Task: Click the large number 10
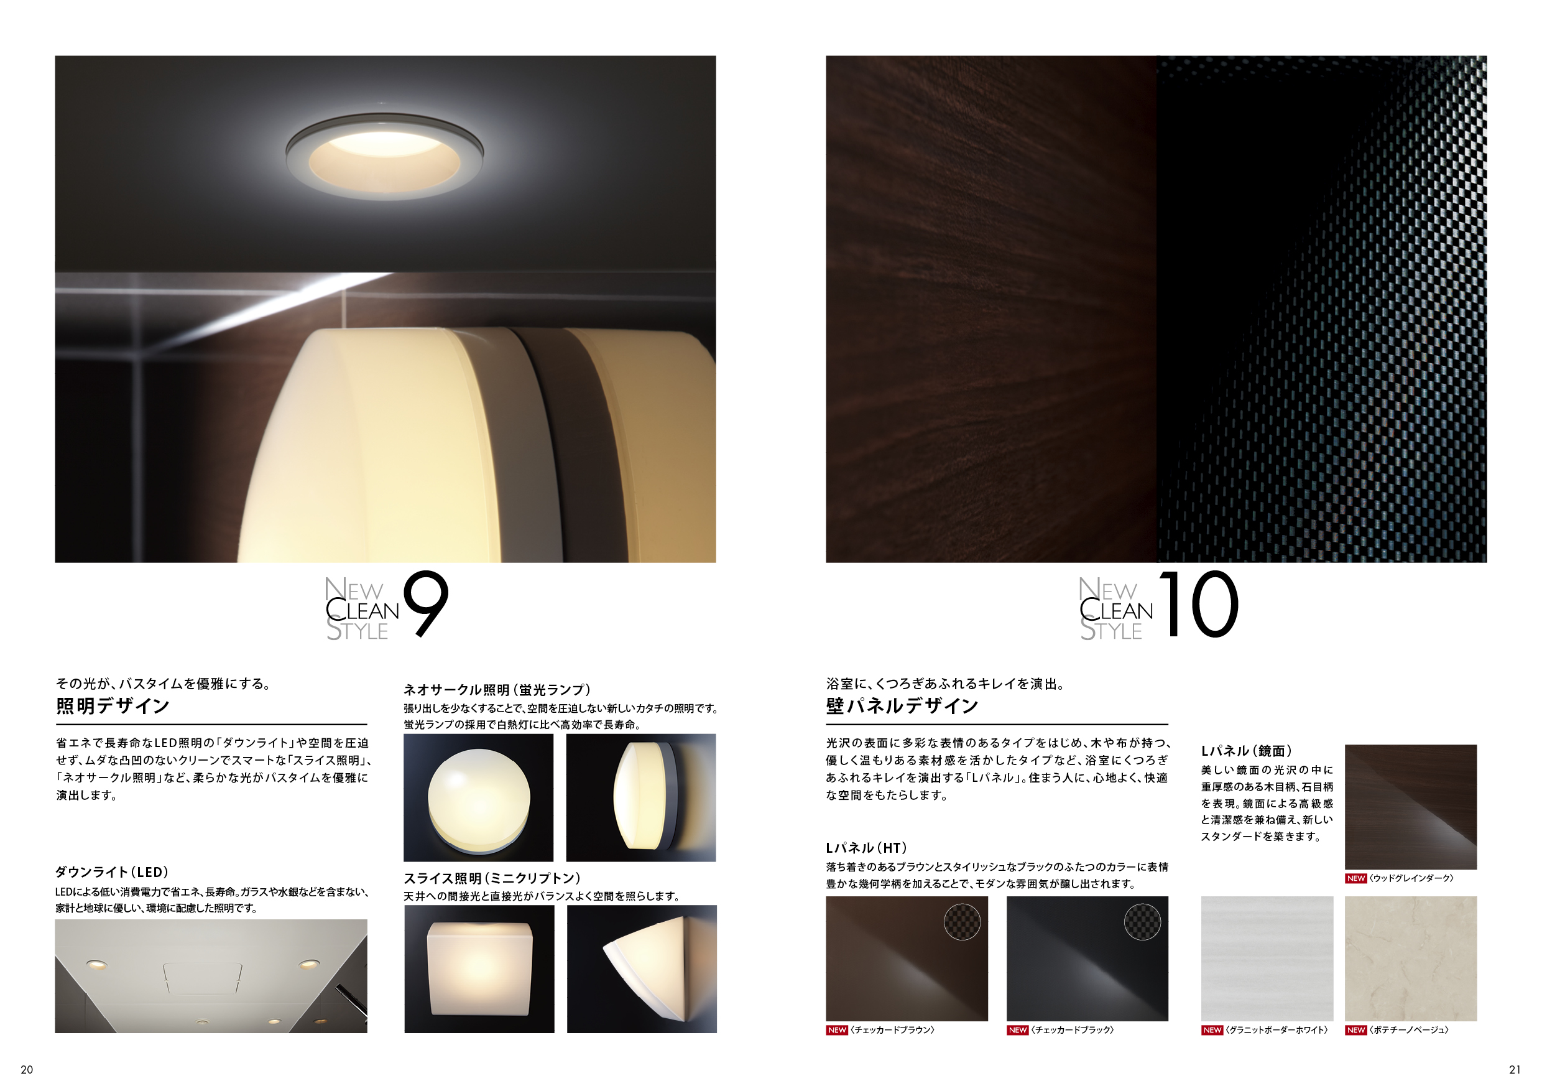(1199, 603)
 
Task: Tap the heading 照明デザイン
(112, 706)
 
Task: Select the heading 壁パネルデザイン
(902, 706)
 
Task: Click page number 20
(27, 1069)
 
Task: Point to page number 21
(1515, 1069)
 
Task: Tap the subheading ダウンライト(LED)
(111, 872)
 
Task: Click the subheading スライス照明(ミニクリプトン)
(492, 878)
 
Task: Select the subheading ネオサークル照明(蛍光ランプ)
(497, 689)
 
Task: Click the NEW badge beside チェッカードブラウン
(837, 1030)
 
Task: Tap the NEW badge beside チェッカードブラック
(1017, 1030)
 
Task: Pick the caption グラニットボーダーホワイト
(1277, 1030)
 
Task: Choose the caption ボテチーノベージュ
(1409, 1030)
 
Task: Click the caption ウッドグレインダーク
(1411, 878)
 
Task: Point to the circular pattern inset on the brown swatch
(962, 921)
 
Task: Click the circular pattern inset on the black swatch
(1142, 921)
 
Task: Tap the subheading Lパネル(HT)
(866, 848)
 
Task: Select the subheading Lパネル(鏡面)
(1247, 751)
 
